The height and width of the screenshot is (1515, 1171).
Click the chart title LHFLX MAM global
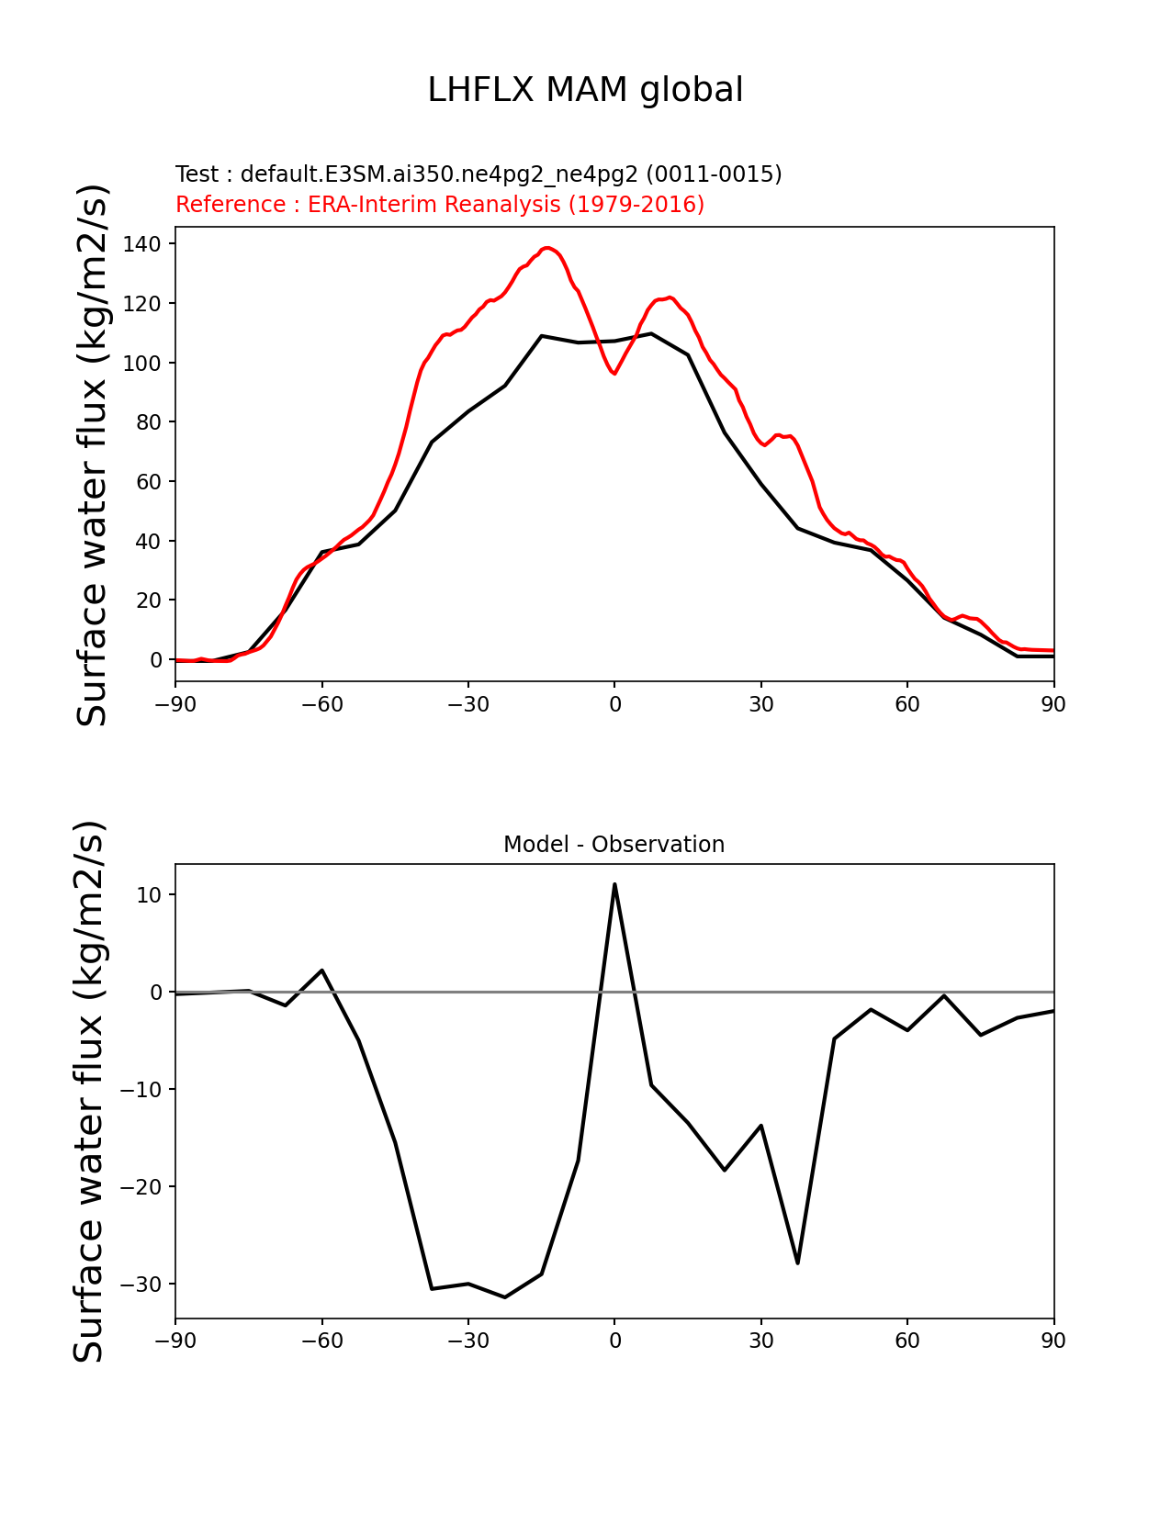(585, 90)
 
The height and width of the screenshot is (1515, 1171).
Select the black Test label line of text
(479, 174)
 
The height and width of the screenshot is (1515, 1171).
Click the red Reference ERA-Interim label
(440, 205)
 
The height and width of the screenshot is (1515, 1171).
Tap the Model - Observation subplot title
(614, 845)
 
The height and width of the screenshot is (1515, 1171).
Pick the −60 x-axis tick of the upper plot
(322, 704)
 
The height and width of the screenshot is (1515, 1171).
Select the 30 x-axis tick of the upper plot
(760, 704)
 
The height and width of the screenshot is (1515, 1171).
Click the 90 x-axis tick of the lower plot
(1053, 1341)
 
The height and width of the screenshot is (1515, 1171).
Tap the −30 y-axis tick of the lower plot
(141, 1284)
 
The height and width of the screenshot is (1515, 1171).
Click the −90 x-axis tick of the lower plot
(175, 1341)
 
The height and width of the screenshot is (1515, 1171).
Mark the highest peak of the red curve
(547, 248)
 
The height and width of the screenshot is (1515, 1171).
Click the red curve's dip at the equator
(614, 373)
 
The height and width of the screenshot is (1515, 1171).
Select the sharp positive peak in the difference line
(614, 885)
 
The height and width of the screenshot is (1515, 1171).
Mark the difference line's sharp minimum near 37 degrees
(797, 1262)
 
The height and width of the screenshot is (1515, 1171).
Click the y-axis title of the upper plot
(93, 454)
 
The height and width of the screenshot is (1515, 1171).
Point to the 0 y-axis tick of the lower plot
(156, 993)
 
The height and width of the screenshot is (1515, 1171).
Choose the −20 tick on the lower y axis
(141, 1186)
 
